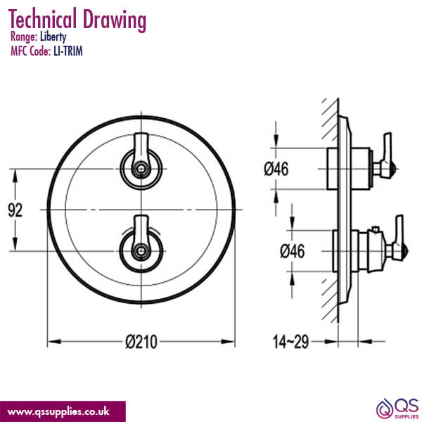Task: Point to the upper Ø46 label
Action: pyautogui.click(x=276, y=169)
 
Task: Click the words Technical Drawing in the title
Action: pyautogui.click(x=78, y=19)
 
